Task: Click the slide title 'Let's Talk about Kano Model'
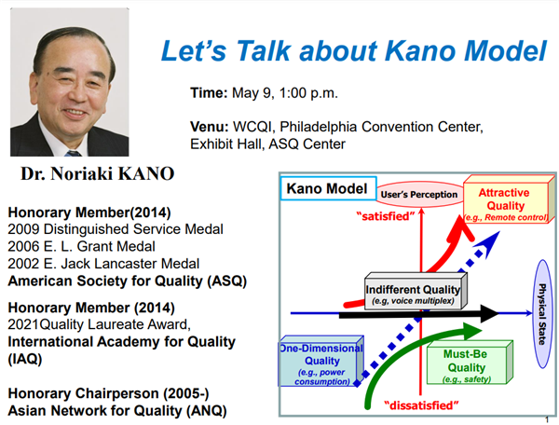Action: point(354,51)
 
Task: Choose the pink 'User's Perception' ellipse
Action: point(419,195)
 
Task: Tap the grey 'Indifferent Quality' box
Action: point(413,294)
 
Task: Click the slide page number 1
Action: point(547,418)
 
